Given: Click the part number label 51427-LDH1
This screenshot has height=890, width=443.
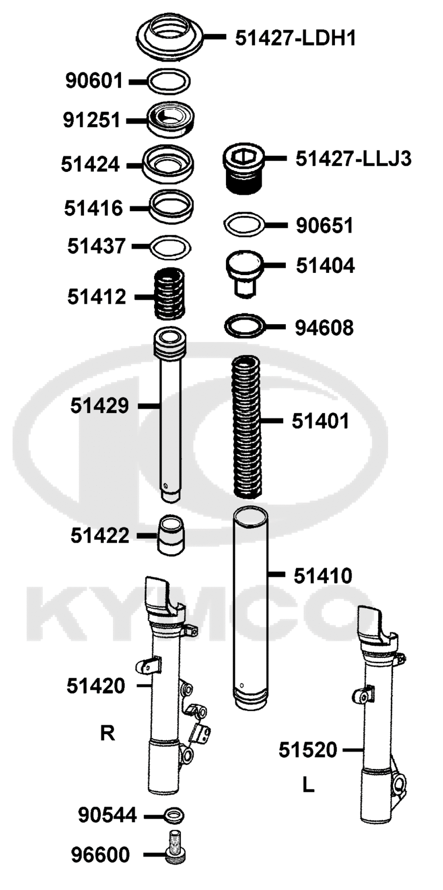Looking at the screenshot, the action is tap(295, 39).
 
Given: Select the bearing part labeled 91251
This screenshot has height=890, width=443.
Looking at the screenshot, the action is tap(171, 120).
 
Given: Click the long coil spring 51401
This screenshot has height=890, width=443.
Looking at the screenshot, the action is tap(247, 427).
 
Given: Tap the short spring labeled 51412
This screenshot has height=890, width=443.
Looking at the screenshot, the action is tap(169, 294).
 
